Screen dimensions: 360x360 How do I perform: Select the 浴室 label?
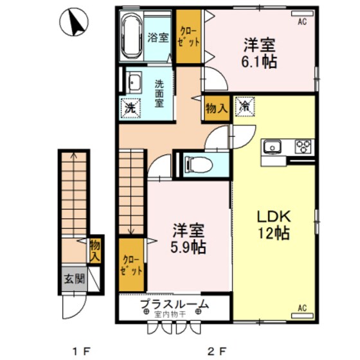tap(158, 38)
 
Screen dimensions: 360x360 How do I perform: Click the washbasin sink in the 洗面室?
tap(134, 83)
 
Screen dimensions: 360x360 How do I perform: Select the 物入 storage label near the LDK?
tap(216, 109)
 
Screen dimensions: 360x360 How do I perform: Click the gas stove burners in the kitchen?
tap(302, 147)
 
